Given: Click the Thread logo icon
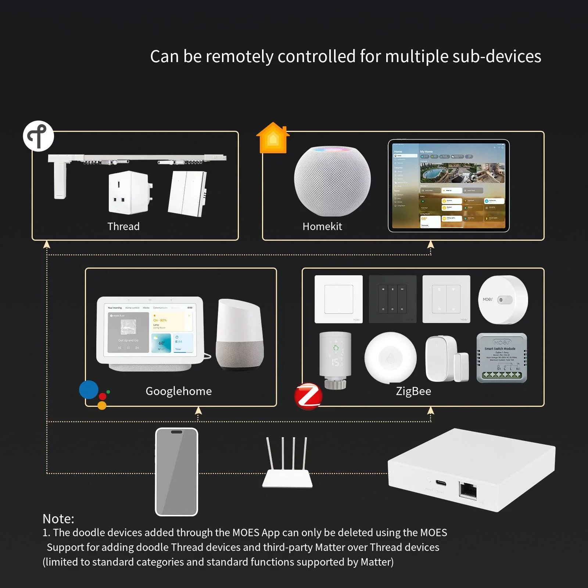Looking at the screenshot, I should [39, 136].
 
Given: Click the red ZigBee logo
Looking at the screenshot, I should [308, 396].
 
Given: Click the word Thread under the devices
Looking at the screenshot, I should [123, 226].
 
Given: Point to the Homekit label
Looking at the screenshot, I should [322, 226].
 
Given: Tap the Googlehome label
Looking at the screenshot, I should [179, 391].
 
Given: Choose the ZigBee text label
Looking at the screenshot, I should [413, 391].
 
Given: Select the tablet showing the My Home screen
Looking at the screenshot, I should [449, 186].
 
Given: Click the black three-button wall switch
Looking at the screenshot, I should [392, 299].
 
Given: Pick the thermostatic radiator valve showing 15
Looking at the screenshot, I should [335, 358].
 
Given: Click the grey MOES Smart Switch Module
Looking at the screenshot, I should [502, 358].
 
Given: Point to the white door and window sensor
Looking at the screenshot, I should [447, 359].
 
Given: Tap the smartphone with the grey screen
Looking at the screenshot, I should [176, 472].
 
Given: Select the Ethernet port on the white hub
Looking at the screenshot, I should [468, 490].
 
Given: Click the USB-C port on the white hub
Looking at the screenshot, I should [441, 483].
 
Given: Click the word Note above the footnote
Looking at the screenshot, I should [58, 519].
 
